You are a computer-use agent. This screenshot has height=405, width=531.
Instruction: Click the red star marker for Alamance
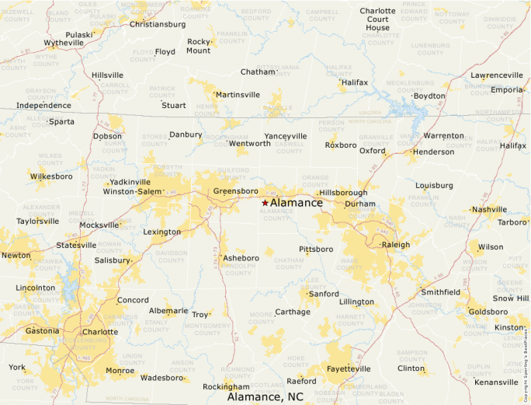point(265,202)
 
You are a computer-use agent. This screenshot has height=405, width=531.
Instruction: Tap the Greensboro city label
point(235,190)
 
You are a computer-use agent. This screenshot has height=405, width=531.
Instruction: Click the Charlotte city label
point(99,332)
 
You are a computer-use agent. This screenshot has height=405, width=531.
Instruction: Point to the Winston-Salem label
point(134,191)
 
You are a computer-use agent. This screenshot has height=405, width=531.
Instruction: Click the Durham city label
point(360,204)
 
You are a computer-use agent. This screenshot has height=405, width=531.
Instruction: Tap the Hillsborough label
point(343,192)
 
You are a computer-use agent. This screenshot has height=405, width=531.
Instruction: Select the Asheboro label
point(241,257)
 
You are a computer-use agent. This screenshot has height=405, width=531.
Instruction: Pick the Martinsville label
point(238,95)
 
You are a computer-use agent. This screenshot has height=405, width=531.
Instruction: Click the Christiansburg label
point(158,24)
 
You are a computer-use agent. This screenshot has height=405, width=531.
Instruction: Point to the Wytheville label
point(64,43)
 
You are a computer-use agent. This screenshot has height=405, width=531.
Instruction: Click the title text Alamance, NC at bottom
point(265,397)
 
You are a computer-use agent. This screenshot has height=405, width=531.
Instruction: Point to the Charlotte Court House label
point(378,19)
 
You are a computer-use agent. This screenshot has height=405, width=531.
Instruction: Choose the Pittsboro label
point(316,250)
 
